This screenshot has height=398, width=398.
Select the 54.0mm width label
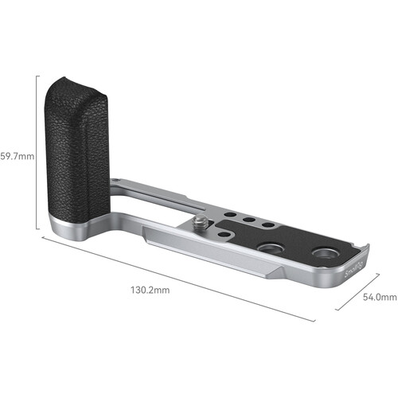coord(379,297)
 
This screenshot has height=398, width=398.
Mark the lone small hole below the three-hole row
coord(228,232)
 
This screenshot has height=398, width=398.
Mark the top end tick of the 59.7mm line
coord(38,75)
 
